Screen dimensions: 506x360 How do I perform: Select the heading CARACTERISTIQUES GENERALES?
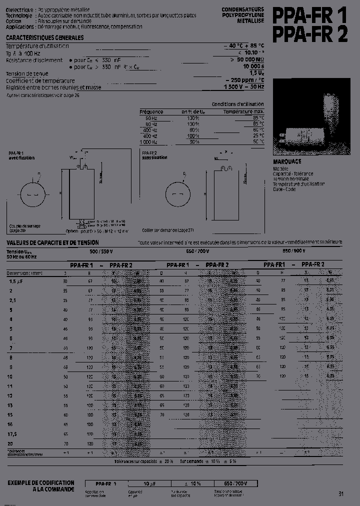coord(44,38)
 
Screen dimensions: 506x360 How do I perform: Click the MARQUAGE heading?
coord(287,162)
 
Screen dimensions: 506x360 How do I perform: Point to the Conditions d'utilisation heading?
coord(238,104)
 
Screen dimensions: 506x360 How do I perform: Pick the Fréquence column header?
coord(151,111)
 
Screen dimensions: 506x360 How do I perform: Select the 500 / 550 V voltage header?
coord(101,251)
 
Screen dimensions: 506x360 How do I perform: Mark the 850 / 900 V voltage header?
coord(294,251)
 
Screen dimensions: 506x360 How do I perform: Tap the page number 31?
coord(340,494)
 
